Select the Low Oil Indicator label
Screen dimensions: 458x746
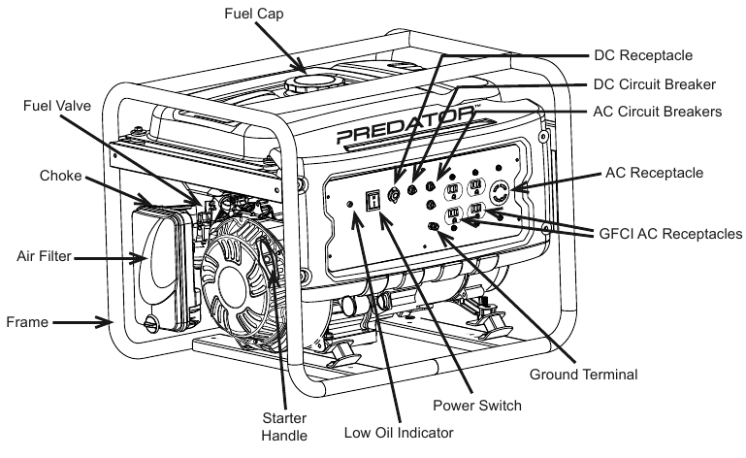pos(401,432)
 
